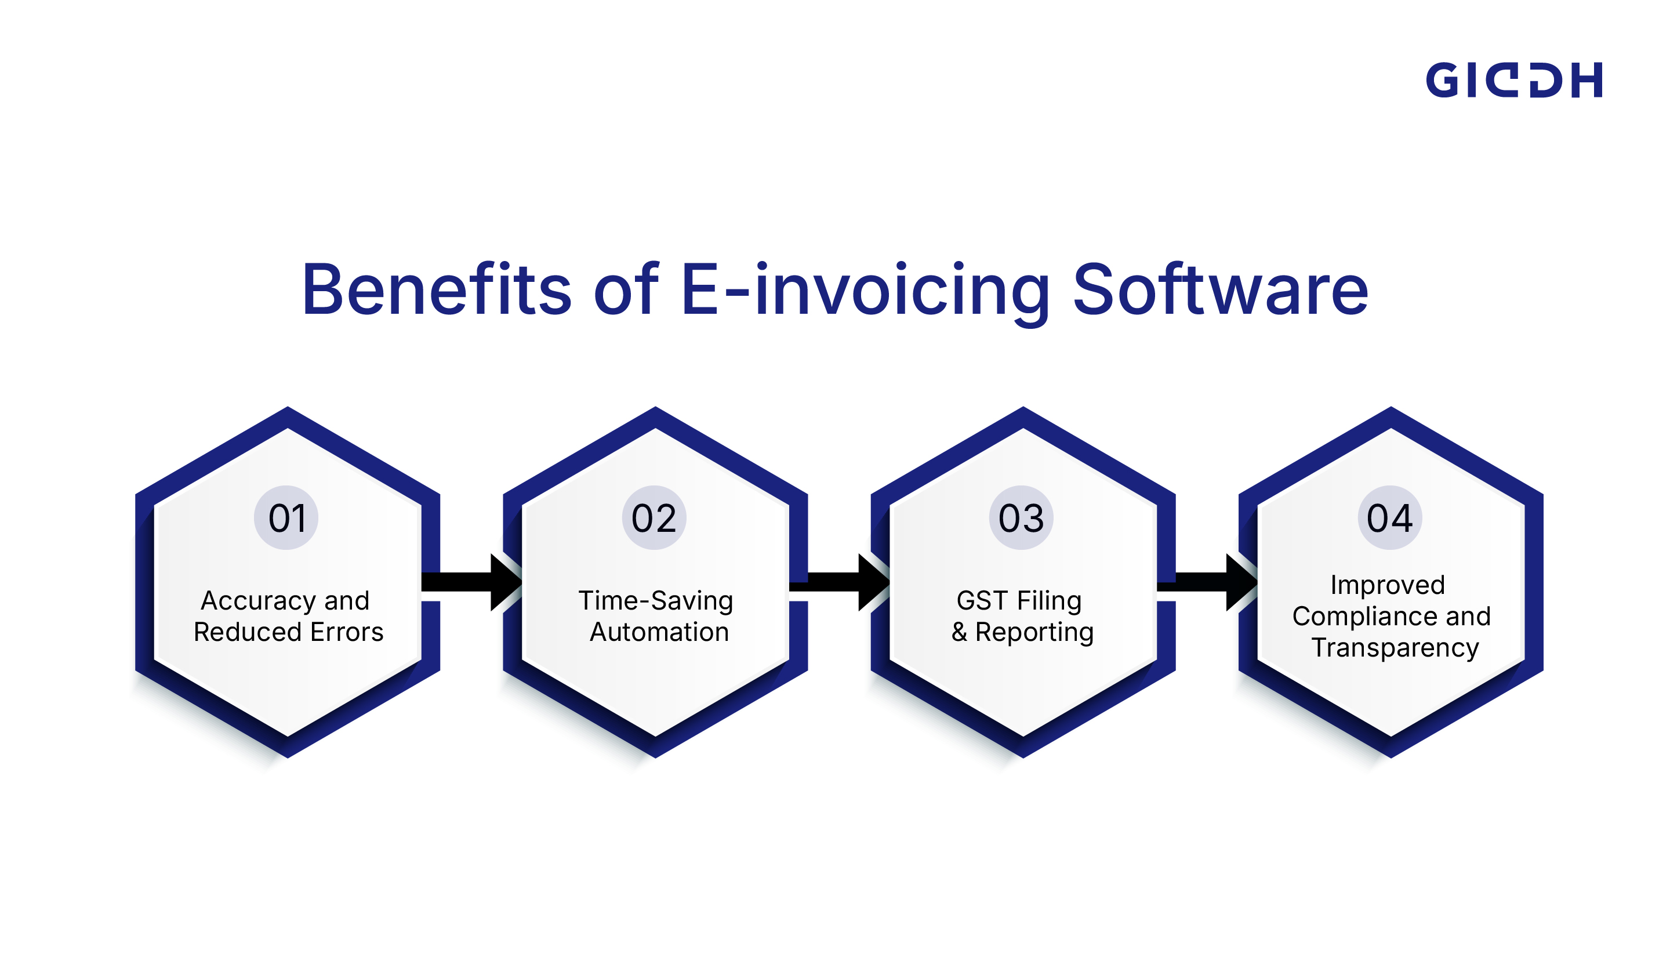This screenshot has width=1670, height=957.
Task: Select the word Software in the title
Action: point(1220,290)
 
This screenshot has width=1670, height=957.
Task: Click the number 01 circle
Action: point(286,518)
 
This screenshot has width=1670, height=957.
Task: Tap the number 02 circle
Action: point(654,518)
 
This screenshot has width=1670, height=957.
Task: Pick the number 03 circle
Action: point(1021,518)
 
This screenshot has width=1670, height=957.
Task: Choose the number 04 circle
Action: point(1389,518)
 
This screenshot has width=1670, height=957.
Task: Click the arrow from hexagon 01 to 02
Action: point(470,582)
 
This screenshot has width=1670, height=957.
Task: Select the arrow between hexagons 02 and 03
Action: point(838,582)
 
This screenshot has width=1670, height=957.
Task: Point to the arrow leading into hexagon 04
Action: point(1206,582)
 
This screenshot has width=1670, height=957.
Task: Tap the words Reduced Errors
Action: point(288,632)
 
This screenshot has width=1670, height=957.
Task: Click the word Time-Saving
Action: point(656,601)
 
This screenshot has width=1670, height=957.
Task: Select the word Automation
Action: point(659,632)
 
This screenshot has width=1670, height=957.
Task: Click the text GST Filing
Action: point(1019,601)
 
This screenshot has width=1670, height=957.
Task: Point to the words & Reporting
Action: point(1022,632)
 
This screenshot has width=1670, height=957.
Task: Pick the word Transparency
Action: point(1395,648)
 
